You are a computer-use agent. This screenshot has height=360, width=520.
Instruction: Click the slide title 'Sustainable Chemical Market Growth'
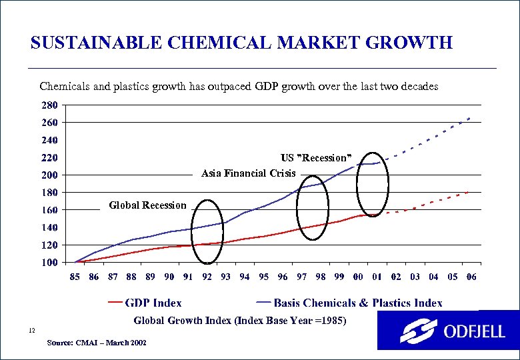pos(241,44)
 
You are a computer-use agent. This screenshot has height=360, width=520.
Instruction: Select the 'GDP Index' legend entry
pos(153,303)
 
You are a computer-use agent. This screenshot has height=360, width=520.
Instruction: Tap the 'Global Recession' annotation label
pos(147,205)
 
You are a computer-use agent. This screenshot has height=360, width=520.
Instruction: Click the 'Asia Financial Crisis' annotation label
pos(248,174)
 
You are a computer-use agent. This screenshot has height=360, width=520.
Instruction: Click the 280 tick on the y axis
pos(49,105)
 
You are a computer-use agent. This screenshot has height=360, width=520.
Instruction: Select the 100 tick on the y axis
pos(49,263)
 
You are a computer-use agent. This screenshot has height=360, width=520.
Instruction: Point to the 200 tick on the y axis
pos(49,175)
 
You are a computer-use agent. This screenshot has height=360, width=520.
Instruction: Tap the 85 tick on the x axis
pos(75,277)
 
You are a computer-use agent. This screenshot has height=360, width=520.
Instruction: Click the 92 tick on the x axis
pos(207,277)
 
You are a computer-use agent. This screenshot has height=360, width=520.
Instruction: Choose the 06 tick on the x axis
pos(471,277)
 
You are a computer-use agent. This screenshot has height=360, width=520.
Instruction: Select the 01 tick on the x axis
pos(377,277)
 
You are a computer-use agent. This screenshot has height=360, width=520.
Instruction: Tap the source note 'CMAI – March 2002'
pos(98,343)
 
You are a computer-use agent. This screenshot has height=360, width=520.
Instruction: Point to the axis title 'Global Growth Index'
pos(240,321)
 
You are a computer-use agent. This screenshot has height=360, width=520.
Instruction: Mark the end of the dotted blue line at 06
pos(471,117)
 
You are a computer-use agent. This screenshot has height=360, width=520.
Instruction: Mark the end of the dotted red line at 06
pos(471,191)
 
